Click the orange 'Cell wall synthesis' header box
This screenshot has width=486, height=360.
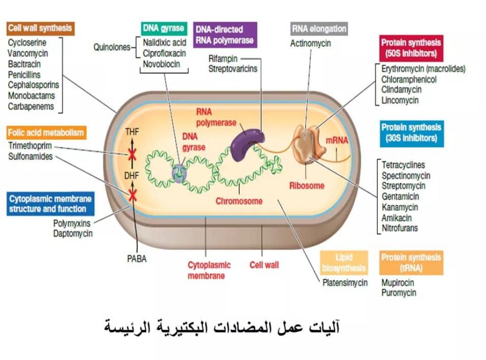40,28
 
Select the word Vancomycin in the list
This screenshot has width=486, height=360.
28,53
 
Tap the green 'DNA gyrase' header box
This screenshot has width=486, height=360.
163,28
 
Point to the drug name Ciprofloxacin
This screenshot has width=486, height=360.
164,53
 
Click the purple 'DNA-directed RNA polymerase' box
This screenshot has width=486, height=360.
225,35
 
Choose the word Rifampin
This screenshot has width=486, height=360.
223,58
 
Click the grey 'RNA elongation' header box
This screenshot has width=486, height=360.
318,28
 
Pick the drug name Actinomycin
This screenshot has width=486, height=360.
310,43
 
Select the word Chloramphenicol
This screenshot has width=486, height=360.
409,79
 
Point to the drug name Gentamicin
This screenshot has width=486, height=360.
400,197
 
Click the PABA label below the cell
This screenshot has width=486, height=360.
137,259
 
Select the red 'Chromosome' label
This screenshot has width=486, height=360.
239,201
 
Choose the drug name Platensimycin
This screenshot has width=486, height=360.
345,283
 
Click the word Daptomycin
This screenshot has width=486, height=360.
73,233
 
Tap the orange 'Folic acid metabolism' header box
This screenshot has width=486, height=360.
46,133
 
